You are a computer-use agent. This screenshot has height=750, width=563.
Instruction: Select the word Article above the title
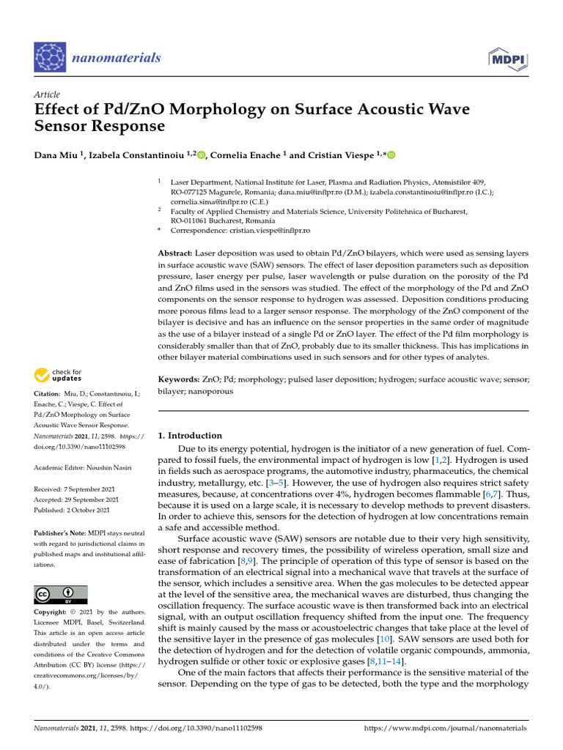click(x=47, y=94)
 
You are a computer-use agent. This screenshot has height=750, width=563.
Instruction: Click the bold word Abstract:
click(x=175, y=253)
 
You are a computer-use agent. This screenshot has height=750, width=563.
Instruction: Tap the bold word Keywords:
click(x=179, y=380)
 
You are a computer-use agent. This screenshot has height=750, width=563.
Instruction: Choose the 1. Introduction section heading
click(x=190, y=435)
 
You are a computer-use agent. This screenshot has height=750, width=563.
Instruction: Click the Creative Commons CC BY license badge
click(x=61, y=594)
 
